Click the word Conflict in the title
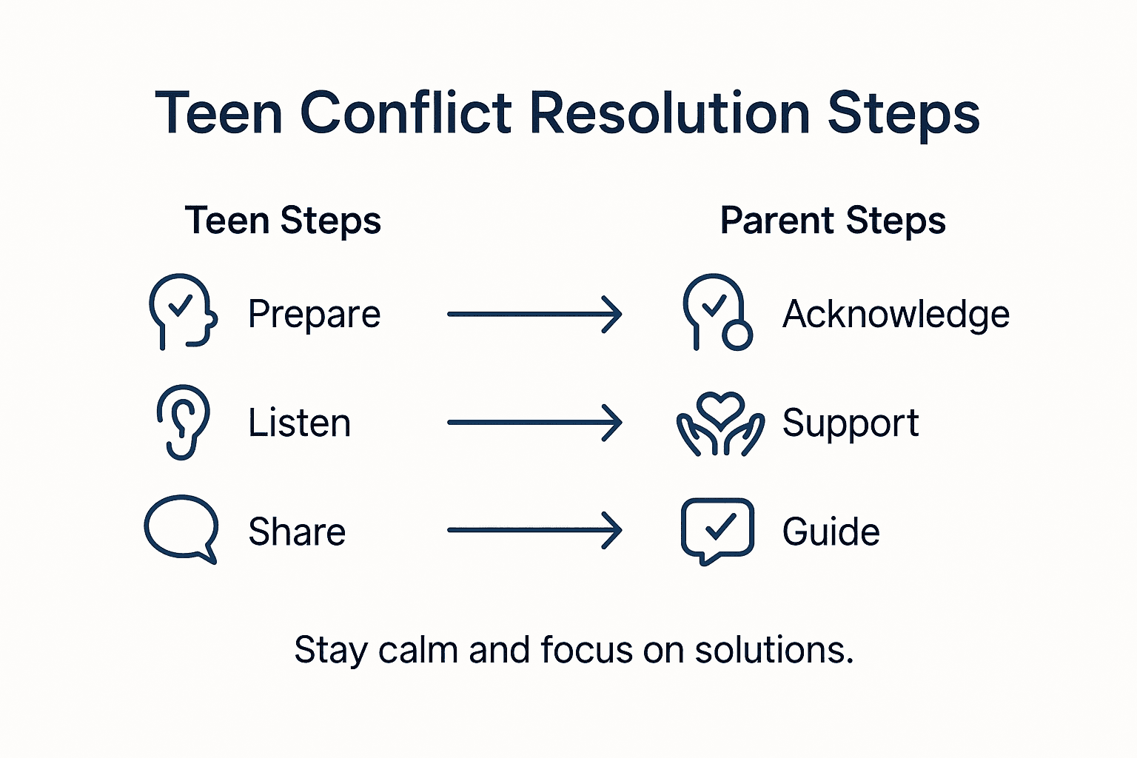406,113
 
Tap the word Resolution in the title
670,113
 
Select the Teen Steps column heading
283,221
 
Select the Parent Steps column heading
833,221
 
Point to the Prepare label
314,314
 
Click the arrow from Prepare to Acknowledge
534,314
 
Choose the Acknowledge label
896,314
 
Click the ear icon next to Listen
183,422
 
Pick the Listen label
299,423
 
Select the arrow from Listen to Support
534,423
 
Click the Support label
850,424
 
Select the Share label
297,531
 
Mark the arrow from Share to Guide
534,530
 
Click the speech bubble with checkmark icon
717,530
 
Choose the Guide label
831,531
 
